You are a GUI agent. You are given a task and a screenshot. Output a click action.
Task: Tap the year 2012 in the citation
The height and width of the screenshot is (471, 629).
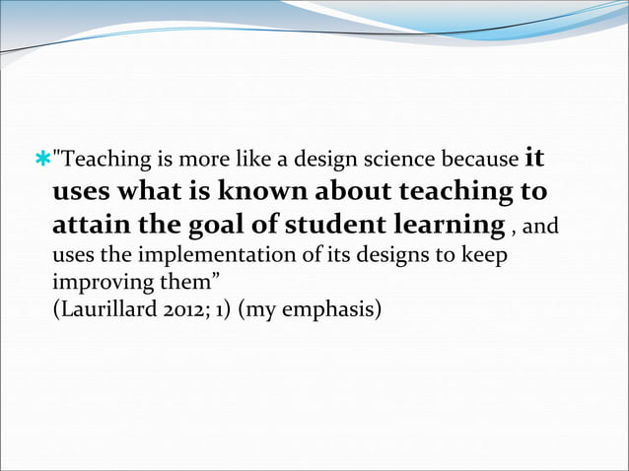(177, 309)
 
